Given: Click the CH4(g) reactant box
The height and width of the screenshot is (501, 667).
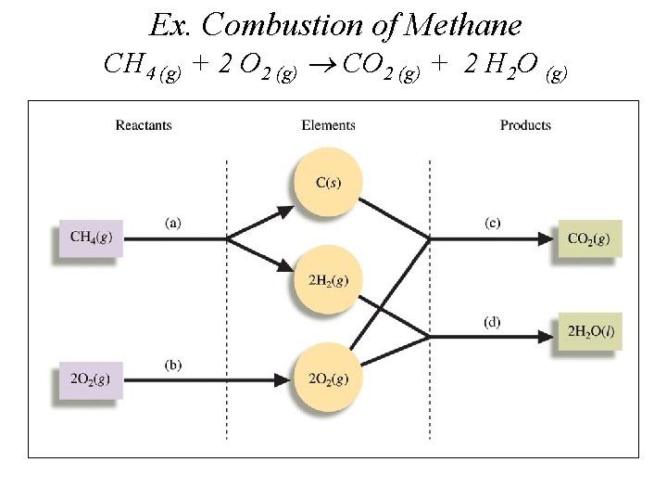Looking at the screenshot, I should click(x=91, y=238).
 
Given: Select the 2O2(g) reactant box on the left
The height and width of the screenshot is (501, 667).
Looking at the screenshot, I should click(x=91, y=378).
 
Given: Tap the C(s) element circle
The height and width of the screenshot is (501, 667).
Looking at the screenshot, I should click(x=328, y=183).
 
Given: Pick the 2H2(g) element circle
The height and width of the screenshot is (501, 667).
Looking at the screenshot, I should click(x=328, y=280).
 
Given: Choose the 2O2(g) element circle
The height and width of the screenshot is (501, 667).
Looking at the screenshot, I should click(x=328, y=378).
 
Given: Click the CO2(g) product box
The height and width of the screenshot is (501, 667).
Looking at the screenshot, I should click(x=589, y=238).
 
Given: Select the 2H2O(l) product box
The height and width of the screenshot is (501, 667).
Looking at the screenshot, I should click(x=589, y=330).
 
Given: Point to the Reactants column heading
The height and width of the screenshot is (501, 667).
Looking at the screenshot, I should click(x=144, y=125).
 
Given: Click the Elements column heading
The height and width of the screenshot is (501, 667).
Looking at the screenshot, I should click(x=328, y=125).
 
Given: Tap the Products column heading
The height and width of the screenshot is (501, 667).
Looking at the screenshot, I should click(x=525, y=125).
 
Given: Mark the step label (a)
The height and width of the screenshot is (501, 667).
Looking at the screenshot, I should click(x=173, y=223).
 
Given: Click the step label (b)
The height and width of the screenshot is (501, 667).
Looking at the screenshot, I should click(x=173, y=364).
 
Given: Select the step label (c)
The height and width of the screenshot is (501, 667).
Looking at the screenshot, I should click(x=493, y=223).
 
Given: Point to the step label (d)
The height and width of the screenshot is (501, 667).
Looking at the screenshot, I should click(x=493, y=322).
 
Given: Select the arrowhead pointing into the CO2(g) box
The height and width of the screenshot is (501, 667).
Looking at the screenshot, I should click(x=547, y=238).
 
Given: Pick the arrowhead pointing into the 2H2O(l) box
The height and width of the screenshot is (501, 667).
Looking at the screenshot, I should click(x=547, y=330).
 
